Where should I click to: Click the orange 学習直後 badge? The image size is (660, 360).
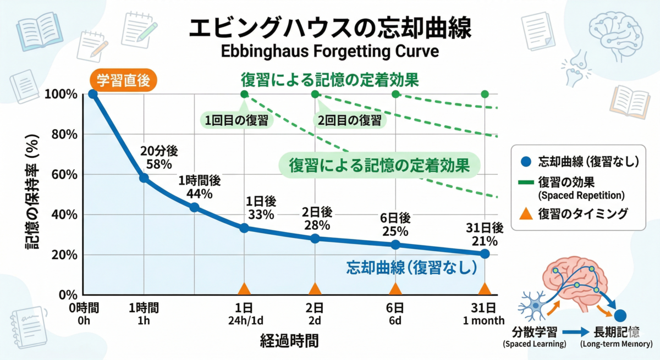point(123,80)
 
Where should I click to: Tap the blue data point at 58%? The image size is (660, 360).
point(144,178)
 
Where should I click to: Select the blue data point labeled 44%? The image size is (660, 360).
point(194,208)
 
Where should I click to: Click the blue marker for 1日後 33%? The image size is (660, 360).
point(244,228)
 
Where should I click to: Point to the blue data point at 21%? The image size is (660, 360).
point(485,254)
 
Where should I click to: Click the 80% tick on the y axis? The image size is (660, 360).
point(64,135)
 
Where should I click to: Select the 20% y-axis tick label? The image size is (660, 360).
point(64,255)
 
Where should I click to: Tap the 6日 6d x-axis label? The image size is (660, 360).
point(395,314)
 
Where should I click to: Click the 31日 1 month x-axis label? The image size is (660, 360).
point(483,314)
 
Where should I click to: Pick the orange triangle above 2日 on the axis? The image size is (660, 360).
point(315,289)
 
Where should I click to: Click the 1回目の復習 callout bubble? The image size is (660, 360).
point(237,120)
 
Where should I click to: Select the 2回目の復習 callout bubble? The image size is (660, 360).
point(349,120)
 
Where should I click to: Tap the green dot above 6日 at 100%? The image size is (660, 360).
point(395,94)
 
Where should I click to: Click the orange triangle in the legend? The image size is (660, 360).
point(526,214)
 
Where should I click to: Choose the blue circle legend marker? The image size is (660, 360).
point(526,162)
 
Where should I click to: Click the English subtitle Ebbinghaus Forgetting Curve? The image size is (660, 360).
point(329,51)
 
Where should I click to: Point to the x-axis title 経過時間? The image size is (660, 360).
point(289,341)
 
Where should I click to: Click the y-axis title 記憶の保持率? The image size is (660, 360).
point(32,192)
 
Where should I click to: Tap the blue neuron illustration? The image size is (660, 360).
point(534,306)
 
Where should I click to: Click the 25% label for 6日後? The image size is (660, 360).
point(395,231)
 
